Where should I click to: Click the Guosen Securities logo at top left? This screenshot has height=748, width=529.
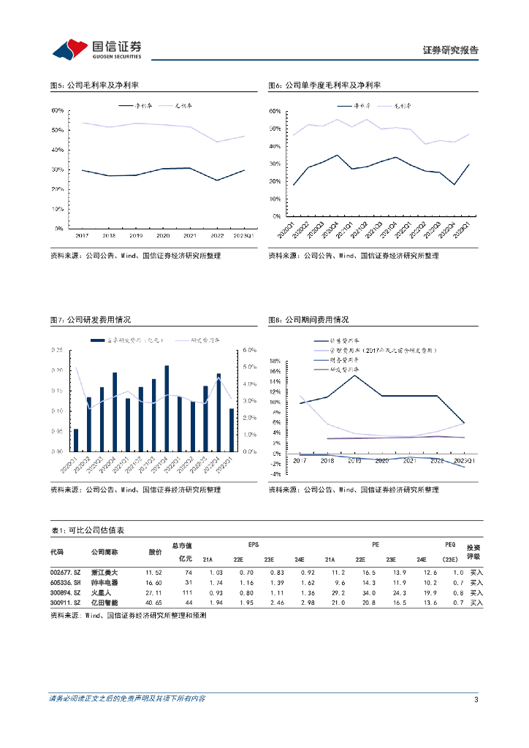(96, 49)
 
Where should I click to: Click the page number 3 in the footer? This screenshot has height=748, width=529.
(476, 700)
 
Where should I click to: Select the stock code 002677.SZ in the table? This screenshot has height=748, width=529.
(64, 572)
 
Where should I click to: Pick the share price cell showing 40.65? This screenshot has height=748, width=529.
(153, 603)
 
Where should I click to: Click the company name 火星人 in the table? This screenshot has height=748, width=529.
(100, 592)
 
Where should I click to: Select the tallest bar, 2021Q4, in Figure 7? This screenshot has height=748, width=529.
(167, 408)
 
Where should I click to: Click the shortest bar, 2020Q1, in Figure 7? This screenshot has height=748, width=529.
(76, 440)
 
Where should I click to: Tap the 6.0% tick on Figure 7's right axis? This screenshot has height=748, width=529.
(250, 350)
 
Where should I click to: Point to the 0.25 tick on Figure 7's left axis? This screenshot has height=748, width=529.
(56, 350)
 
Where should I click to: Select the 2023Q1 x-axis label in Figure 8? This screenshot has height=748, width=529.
(465, 461)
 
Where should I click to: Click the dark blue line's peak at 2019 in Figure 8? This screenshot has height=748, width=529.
(354, 375)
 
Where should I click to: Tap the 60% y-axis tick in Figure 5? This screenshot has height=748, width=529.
(57, 110)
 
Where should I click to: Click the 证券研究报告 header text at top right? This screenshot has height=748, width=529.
(451, 50)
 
